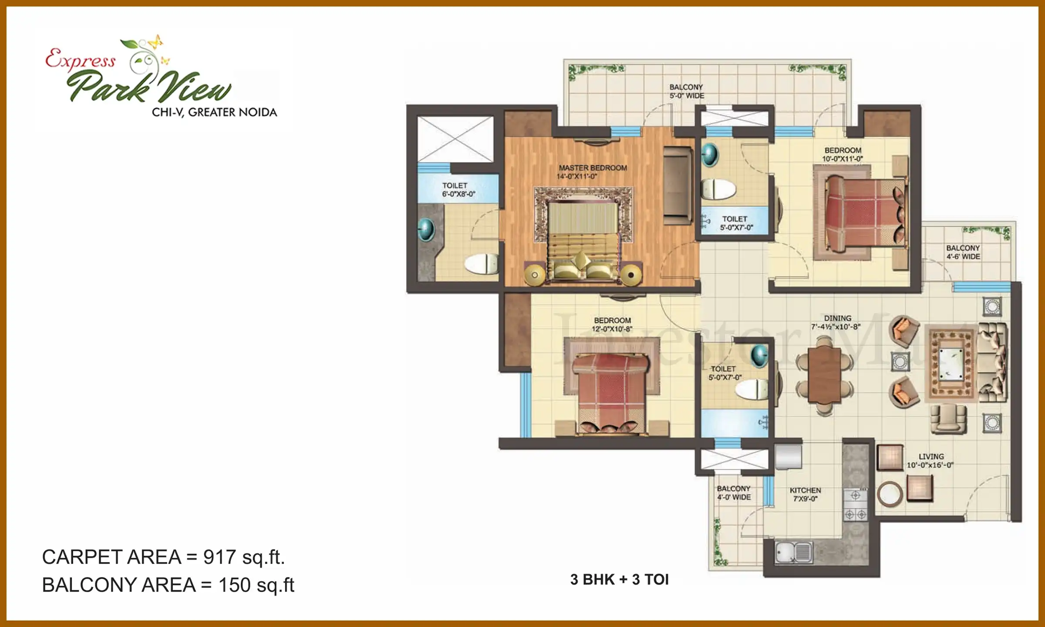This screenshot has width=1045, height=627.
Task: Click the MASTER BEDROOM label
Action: point(593,168)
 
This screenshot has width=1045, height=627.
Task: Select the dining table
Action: point(824,375)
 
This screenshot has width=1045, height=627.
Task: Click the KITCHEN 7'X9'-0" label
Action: point(805,495)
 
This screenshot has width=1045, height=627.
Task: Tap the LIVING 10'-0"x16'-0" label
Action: point(930,461)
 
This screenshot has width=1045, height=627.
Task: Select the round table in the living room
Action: point(890,494)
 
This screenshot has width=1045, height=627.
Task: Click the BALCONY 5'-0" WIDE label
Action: point(686,91)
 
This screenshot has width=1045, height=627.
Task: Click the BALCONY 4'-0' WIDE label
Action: point(734,493)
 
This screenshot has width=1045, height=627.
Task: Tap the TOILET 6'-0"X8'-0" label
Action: point(458,190)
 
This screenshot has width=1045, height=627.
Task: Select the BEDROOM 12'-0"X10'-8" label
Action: point(612,325)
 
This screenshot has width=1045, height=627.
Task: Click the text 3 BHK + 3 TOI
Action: point(619,580)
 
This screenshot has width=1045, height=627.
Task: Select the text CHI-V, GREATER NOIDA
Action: point(214,112)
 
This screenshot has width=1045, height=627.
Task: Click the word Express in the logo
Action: point(81,59)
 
